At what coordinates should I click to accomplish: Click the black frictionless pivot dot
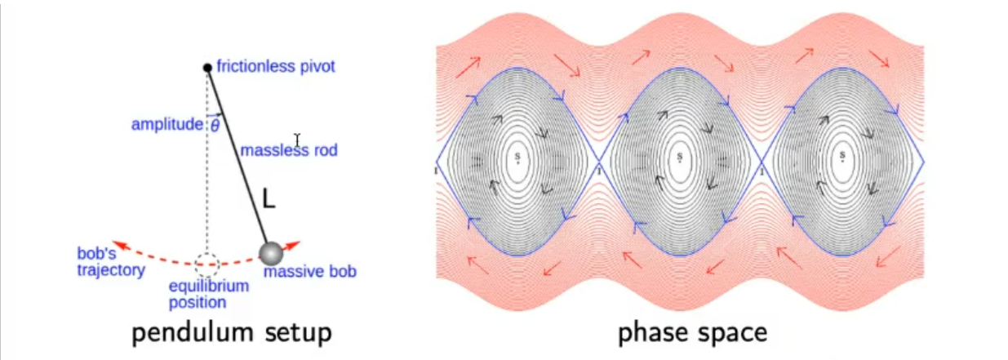(x=207, y=68)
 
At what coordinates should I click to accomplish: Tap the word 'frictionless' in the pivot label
(x=256, y=66)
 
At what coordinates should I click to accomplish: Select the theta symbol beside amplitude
(x=215, y=125)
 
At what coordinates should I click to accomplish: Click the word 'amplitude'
(x=167, y=124)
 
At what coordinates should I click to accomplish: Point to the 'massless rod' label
(x=289, y=150)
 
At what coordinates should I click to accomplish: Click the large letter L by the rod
(x=269, y=198)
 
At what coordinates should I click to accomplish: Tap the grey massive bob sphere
(x=271, y=253)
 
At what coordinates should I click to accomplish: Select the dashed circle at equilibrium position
(x=207, y=264)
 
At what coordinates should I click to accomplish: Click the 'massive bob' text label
(x=310, y=271)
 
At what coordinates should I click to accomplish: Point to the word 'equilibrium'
(x=209, y=286)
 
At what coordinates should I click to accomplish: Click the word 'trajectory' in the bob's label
(x=111, y=270)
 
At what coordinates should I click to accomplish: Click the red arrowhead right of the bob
(x=293, y=245)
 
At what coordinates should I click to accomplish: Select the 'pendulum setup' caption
(x=232, y=333)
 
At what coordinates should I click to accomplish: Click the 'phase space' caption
(x=693, y=333)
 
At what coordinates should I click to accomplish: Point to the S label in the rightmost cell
(x=842, y=156)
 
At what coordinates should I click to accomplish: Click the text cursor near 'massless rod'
(x=297, y=140)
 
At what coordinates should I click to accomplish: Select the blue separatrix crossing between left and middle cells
(x=599, y=162)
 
